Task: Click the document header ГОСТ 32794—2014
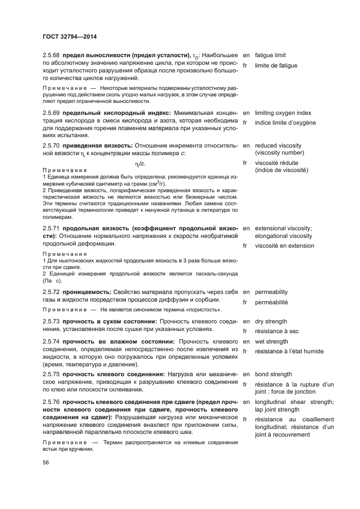[70, 38]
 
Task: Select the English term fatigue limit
[270, 56]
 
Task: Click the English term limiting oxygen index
[283, 113]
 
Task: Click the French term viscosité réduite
[278, 163]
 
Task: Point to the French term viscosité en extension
[284, 246]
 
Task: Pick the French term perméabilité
[271, 302]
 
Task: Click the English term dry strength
[271, 322]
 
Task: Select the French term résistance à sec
[276, 332]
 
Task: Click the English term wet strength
[271, 341]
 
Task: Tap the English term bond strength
[273, 375]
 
